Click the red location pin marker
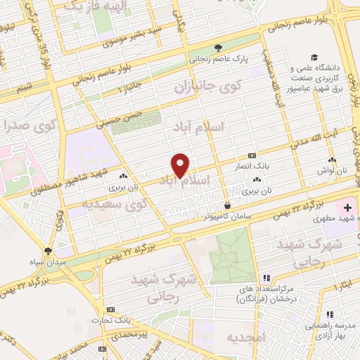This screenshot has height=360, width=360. point(181,165)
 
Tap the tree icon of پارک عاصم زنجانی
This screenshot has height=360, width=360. point(219,48)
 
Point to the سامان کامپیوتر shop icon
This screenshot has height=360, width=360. point(227,205)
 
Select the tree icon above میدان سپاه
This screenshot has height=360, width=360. point(48,250)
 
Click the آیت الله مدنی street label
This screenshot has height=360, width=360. point(321,143)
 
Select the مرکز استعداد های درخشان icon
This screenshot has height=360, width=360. point(266,277)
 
